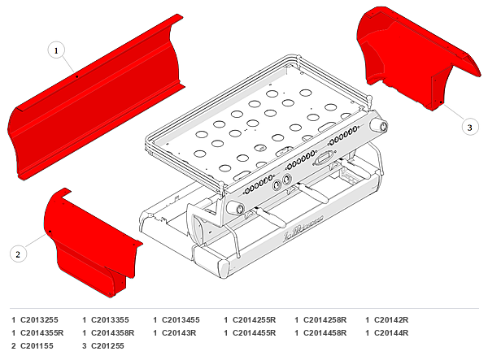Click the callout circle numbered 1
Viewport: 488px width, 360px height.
[56, 50]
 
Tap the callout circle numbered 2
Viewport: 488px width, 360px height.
[18, 254]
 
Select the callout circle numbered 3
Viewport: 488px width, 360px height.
[469, 127]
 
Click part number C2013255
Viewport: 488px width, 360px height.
[39, 320]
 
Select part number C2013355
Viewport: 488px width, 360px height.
[110, 320]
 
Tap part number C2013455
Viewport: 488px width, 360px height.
[181, 320]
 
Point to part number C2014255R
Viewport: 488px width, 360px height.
[255, 320]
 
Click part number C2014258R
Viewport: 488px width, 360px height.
[325, 320]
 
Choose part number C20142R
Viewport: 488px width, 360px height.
[391, 320]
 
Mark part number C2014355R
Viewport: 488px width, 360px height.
[42, 333]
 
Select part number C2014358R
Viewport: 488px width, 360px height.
[113, 333]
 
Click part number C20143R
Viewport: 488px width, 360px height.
[179, 333]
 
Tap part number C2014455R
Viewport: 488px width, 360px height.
[255, 333]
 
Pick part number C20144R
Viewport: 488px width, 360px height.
[391, 333]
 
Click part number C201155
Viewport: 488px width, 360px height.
[37, 346]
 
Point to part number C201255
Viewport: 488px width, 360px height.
[107, 346]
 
